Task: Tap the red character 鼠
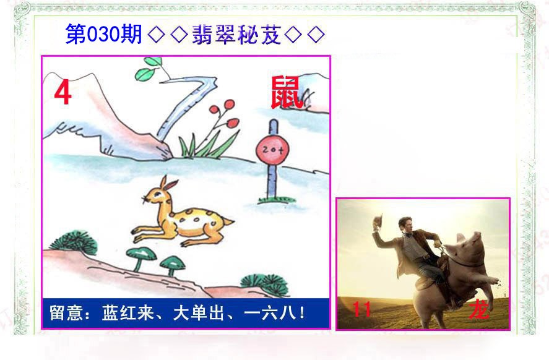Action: pyautogui.click(x=287, y=93)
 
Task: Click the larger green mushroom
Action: pyautogui.click(x=140, y=254)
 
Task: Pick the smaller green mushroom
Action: pyautogui.click(x=172, y=262)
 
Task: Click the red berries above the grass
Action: pyautogui.click(x=222, y=111)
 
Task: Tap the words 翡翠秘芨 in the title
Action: pyautogui.click(x=236, y=35)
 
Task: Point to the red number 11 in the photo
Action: pyautogui.click(x=361, y=309)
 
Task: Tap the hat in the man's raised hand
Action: pyautogui.click(x=378, y=220)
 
